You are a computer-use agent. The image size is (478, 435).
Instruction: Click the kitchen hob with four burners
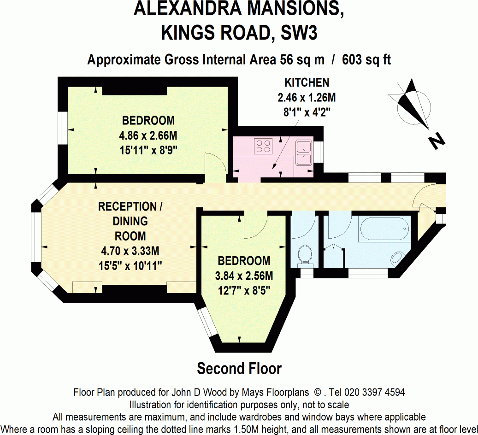(263, 146)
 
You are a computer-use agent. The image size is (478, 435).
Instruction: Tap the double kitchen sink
(304, 153)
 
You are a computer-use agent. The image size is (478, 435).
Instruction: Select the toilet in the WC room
(305, 255)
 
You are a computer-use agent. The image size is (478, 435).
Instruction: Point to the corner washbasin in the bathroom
(397, 258)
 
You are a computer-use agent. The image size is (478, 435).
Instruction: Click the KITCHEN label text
(307, 83)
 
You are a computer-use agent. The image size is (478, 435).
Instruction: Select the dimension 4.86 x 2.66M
(148, 135)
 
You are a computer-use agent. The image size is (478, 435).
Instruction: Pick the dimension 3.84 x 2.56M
(244, 276)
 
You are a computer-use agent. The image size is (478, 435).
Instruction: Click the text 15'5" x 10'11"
(130, 266)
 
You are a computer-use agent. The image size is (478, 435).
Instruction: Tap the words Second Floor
(239, 369)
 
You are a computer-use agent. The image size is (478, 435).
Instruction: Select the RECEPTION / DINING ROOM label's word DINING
(130, 221)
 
